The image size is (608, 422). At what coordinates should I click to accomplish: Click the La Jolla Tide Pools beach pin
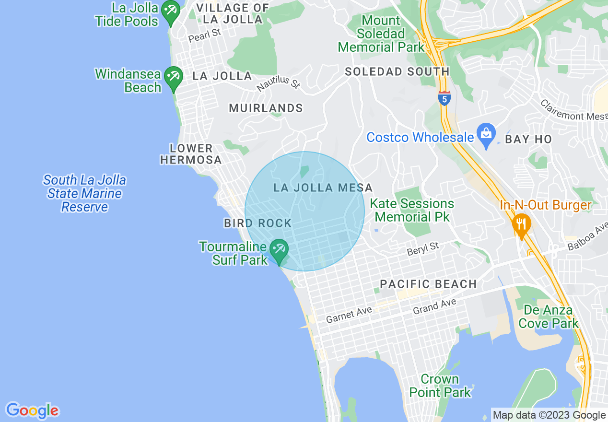[x=170, y=11]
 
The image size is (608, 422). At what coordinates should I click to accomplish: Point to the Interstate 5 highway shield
[x=444, y=98]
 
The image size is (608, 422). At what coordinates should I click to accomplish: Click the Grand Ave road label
[x=434, y=305]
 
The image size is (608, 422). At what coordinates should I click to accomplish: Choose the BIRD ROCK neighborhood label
[x=258, y=223]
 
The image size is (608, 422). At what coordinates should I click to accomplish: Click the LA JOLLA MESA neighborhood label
[x=323, y=188]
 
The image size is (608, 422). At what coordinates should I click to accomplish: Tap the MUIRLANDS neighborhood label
[x=266, y=108]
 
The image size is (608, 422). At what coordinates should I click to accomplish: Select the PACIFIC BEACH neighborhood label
[x=428, y=284]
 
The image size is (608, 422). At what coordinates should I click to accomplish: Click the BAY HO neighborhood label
[x=528, y=139]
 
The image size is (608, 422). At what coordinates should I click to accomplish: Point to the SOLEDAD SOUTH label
[x=398, y=72]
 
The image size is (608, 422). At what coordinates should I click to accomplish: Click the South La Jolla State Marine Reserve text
[x=84, y=193]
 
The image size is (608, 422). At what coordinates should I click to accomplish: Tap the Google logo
[x=32, y=410]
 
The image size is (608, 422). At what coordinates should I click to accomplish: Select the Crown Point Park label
[x=440, y=386]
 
